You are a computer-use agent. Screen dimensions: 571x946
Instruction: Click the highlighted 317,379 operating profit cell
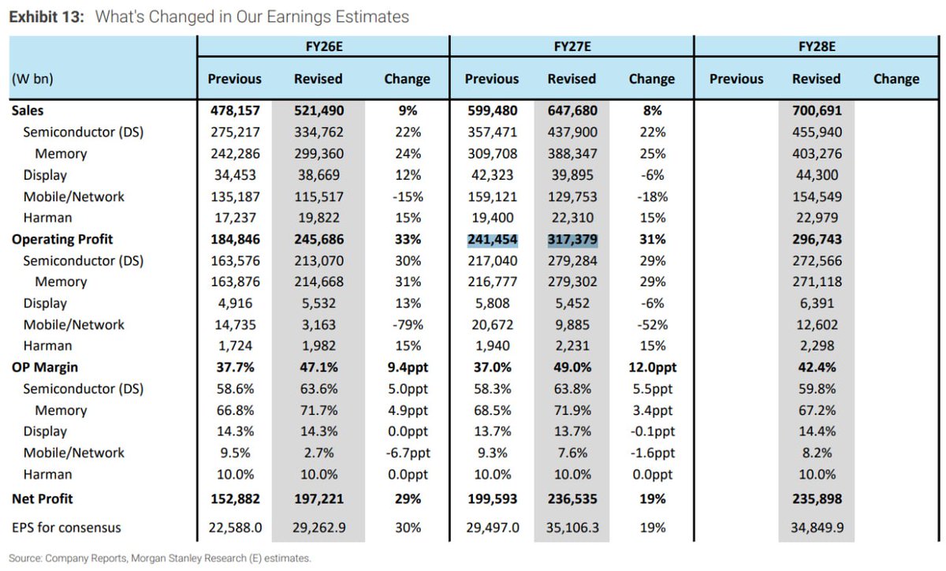[x=572, y=239]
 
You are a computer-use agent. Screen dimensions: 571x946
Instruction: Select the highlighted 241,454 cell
[x=491, y=239]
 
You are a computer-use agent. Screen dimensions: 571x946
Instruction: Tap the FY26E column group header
[x=322, y=47]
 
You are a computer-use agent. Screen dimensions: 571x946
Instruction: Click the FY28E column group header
[x=816, y=47]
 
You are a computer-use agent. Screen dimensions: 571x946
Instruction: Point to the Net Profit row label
[x=43, y=498]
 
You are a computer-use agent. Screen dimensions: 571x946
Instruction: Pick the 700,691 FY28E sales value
[x=816, y=111]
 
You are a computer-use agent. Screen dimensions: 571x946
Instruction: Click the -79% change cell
[x=407, y=324]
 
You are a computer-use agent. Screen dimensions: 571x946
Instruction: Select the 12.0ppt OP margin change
[x=651, y=368]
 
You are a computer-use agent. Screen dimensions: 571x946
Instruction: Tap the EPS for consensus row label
[x=66, y=527]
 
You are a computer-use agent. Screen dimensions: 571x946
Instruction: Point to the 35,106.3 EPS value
[x=572, y=527]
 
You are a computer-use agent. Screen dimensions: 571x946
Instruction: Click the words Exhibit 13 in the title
[x=45, y=17]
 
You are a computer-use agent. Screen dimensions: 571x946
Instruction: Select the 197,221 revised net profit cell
[x=318, y=498]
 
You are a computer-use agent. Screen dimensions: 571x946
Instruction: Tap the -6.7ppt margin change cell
[x=407, y=453]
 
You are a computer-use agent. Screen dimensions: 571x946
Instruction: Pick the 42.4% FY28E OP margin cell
[x=816, y=368]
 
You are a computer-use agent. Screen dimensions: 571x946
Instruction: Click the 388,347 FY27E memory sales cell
[x=572, y=154]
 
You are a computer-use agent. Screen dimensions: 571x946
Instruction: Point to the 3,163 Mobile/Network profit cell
[x=318, y=324]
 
